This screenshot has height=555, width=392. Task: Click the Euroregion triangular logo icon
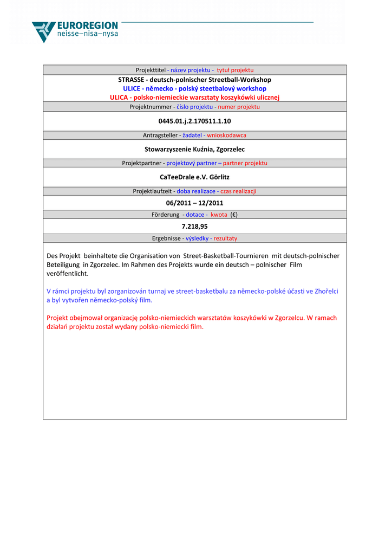(x=43, y=31)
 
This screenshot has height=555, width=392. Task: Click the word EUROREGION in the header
(x=87, y=25)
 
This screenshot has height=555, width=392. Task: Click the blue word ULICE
(x=132, y=88)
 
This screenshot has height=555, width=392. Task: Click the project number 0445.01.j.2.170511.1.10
(x=194, y=121)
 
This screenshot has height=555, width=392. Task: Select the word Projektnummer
(x=150, y=107)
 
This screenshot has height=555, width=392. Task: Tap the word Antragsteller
(x=160, y=135)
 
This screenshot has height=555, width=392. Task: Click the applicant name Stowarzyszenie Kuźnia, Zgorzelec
(x=194, y=149)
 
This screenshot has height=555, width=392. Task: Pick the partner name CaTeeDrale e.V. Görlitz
(x=194, y=177)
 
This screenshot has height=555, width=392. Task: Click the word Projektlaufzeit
(x=153, y=191)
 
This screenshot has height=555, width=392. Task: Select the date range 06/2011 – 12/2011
(x=194, y=203)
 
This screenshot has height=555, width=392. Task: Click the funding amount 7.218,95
(x=194, y=227)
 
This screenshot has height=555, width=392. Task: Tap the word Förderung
(x=165, y=215)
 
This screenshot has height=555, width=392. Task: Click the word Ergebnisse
(x=166, y=238)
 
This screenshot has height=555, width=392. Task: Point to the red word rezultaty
(x=225, y=238)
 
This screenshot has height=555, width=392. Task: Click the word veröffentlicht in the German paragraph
(x=67, y=274)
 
